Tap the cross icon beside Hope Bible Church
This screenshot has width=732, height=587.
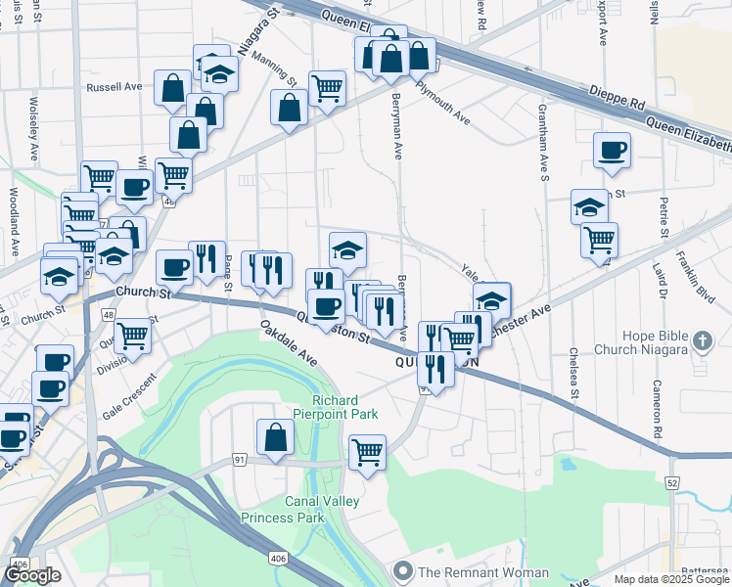tap(701, 342)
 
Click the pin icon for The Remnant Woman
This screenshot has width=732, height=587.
tap(402, 570)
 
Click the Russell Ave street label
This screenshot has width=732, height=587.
tap(114, 87)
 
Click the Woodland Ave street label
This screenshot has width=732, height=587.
tap(15, 220)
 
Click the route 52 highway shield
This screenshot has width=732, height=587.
tap(671, 482)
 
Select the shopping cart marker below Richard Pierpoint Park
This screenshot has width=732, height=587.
tap(367, 452)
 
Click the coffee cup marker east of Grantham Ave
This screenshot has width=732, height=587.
tap(612, 151)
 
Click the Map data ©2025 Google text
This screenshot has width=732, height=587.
tap(670, 579)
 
